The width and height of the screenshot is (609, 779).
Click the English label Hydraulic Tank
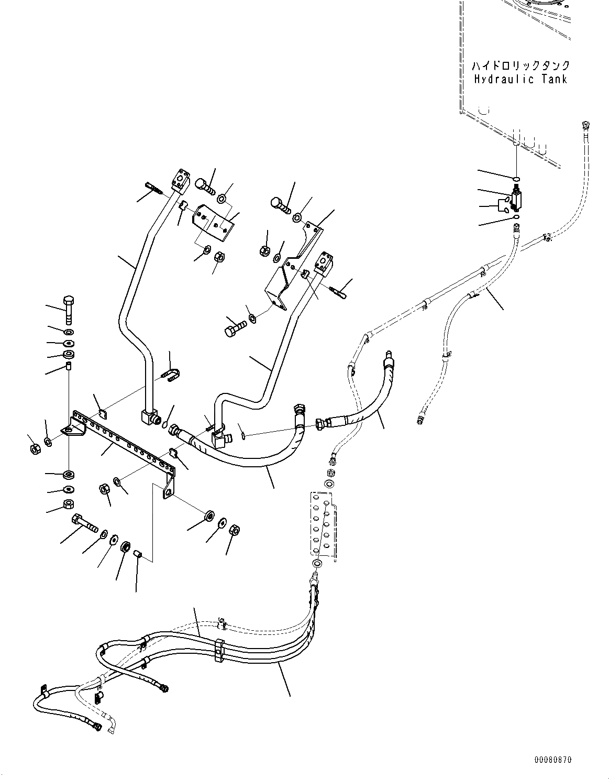(x=521, y=80)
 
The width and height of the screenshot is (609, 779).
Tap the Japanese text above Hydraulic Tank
(x=521, y=66)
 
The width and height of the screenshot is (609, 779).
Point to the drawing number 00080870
(x=553, y=759)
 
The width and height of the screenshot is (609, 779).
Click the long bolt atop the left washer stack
(x=68, y=309)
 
